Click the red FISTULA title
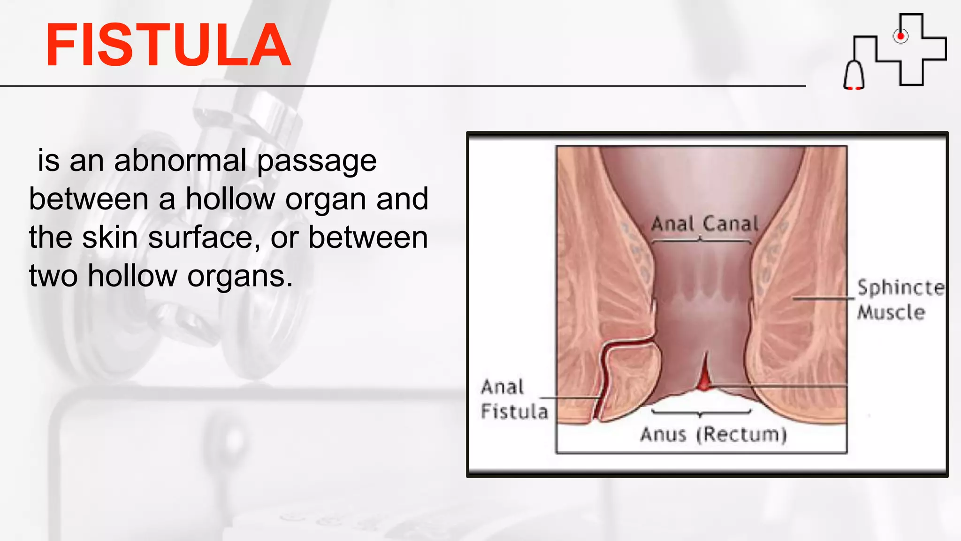168,46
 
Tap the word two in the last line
53,276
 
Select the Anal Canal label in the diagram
704,224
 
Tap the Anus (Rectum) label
713,435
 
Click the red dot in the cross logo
900,36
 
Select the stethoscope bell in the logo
854,75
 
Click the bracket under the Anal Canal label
701,240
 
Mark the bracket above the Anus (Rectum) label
701,413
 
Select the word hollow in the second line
230,199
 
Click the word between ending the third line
368,238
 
